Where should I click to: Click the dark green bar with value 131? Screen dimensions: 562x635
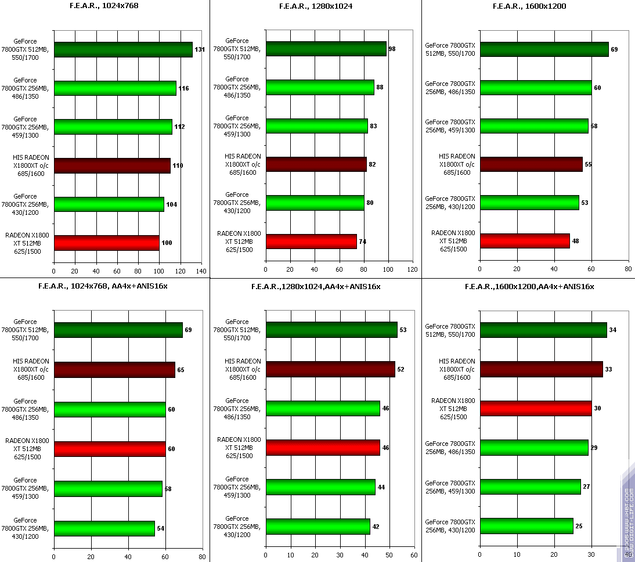pos(123,49)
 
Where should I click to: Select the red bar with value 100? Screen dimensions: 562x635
pos(106,243)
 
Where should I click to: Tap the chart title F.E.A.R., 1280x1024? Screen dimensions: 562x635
pos(316,6)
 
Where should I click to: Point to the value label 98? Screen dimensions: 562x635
pos(392,49)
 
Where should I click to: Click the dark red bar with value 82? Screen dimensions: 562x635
pos(316,164)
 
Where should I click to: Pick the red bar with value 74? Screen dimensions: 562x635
pos(311,241)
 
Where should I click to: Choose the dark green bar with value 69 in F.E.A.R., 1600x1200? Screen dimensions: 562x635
pos(544,49)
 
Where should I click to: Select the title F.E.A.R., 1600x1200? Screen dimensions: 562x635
pos(529,6)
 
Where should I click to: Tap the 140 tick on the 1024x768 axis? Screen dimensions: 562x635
pos(201,271)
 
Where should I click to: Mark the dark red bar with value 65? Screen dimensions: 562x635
pos(114,370)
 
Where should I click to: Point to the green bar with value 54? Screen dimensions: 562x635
pos(104,528)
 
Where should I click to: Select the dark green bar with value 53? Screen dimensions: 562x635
pos(331,330)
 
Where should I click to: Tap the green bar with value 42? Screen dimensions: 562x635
pos(317,527)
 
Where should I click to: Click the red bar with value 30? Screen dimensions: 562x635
pos(536,409)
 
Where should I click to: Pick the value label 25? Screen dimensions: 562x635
pos(579,526)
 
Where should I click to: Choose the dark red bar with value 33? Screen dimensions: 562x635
pos(541,369)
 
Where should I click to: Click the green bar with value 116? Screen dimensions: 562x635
pos(115,88)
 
